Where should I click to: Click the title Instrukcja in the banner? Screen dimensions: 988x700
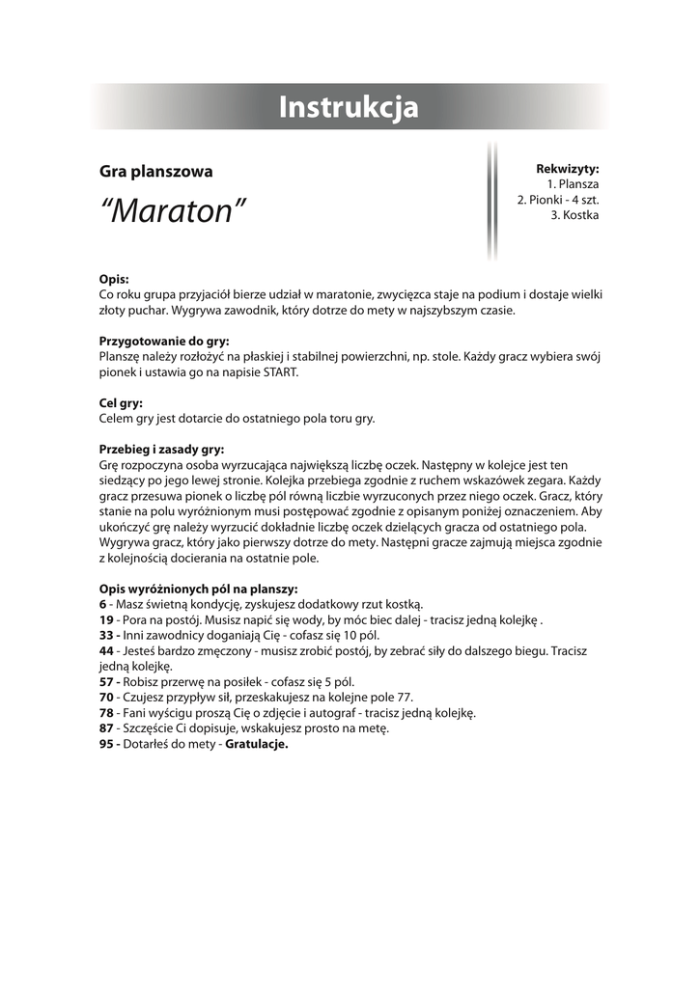(349, 107)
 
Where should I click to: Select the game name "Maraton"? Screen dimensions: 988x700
(173, 210)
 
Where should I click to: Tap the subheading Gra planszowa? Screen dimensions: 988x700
(155, 172)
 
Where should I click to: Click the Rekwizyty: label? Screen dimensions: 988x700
(568, 169)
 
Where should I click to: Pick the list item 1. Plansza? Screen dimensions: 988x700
(573, 184)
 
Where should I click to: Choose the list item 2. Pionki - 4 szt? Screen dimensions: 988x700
(558, 200)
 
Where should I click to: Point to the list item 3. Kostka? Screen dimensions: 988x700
(574, 215)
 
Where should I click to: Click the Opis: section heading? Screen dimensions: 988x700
(114, 279)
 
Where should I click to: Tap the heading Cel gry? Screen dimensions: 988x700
(122, 403)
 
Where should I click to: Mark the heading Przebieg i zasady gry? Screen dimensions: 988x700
(162, 449)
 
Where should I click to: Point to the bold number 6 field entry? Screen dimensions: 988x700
(102, 604)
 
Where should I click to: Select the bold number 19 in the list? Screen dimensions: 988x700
(106, 619)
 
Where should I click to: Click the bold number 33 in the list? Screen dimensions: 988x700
(106, 635)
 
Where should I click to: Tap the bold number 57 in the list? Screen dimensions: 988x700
(106, 682)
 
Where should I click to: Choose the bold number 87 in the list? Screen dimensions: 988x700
(106, 728)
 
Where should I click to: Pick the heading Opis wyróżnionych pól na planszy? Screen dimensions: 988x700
(199, 589)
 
